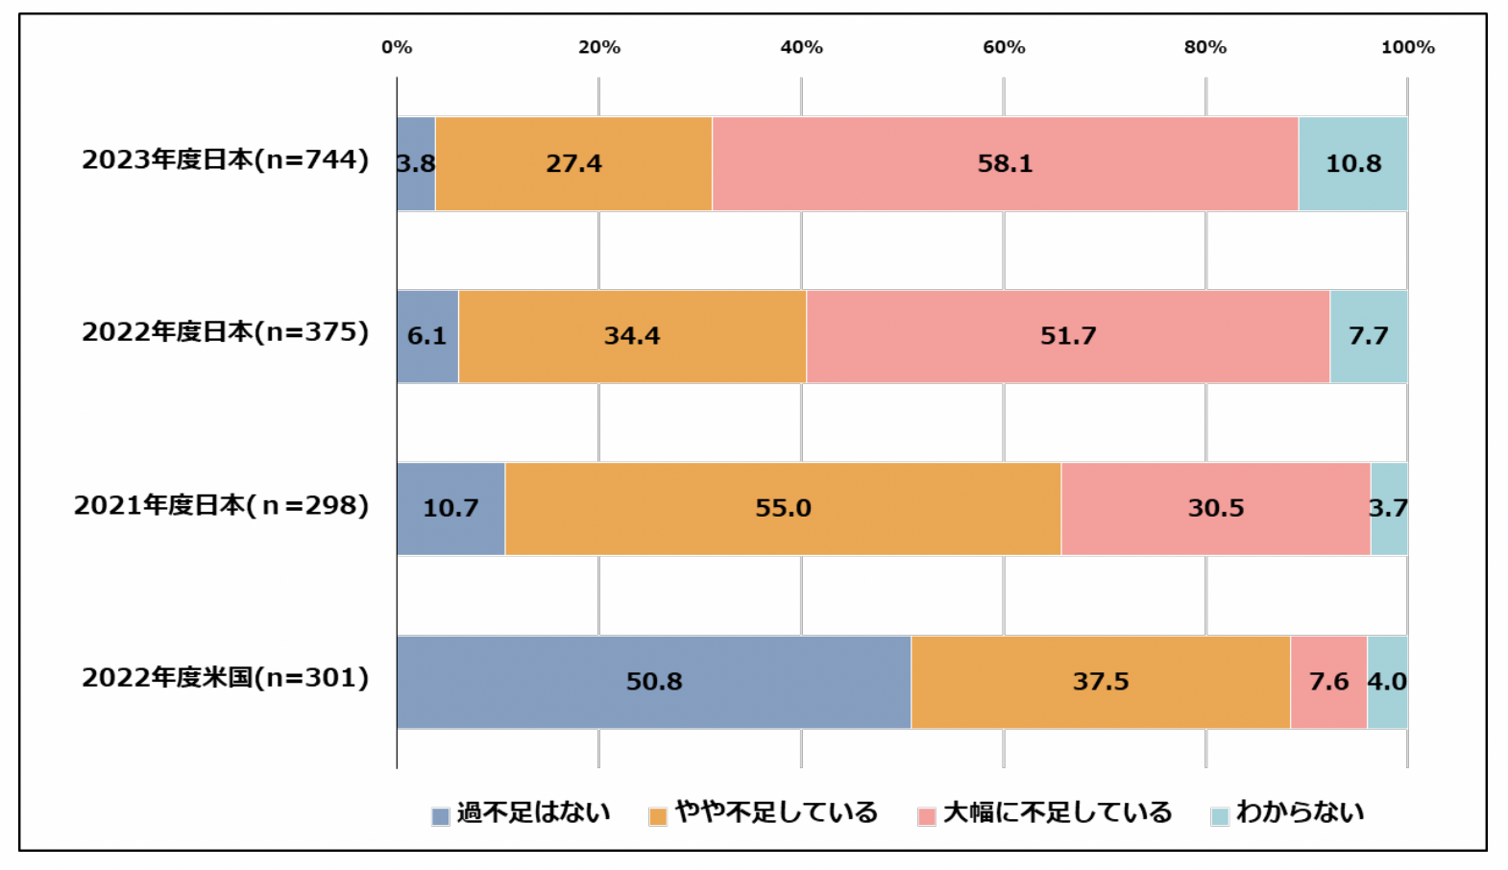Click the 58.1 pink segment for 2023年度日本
[x=1005, y=163]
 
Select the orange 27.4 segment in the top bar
[x=573, y=163]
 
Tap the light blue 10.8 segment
[x=1352, y=163]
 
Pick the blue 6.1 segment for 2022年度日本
[x=427, y=336]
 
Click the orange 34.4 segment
[x=632, y=336]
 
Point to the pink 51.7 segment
[x=1068, y=336]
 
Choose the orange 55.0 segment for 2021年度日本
[x=783, y=508]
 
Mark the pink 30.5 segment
[x=1215, y=508]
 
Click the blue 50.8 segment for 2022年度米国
[x=653, y=682]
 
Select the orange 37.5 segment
[x=1101, y=682]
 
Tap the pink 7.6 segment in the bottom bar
[x=1328, y=682]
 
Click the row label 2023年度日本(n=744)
[x=225, y=159]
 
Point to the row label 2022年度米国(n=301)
[x=225, y=678]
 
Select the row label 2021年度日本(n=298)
[x=221, y=505]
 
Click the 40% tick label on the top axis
[x=801, y=47]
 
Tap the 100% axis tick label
[x=1407, y=47]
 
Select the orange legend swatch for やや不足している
[x=658, y=817]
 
